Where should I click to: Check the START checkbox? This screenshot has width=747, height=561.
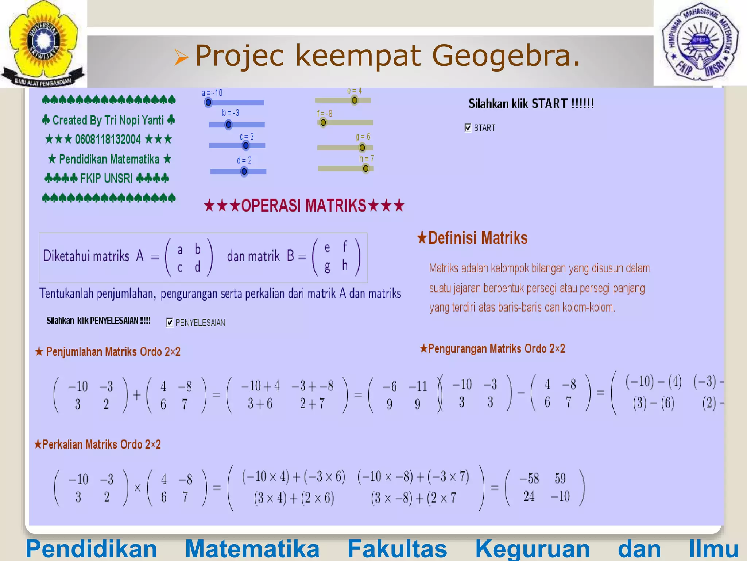pos(468,127)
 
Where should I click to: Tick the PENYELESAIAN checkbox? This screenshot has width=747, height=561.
pos(170,322)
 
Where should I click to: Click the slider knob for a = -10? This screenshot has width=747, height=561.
pos(208,103)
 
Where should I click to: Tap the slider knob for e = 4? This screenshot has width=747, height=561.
pos(354,100)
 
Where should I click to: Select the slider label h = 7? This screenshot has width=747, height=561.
pos(367,159)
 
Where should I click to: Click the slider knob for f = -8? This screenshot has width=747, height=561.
pos(323,122)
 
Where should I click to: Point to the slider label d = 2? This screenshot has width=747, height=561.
pos(244,160)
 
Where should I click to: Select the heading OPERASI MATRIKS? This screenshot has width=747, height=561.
pos(304,206)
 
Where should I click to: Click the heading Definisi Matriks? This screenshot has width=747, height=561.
pos(473,238)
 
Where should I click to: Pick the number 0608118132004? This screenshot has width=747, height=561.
pos(108,139)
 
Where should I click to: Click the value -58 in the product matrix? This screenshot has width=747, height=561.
pos(529,478)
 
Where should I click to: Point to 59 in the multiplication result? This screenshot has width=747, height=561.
pos(560,478)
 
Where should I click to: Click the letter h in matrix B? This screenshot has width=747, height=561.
pos(345,266)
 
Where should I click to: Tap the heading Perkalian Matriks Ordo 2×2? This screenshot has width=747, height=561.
pos(98,444)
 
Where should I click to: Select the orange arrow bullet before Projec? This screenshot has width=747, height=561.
pos(181,57)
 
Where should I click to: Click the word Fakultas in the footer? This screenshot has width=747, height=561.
pos(397,549)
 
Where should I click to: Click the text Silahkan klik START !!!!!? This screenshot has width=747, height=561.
pos(531,104)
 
